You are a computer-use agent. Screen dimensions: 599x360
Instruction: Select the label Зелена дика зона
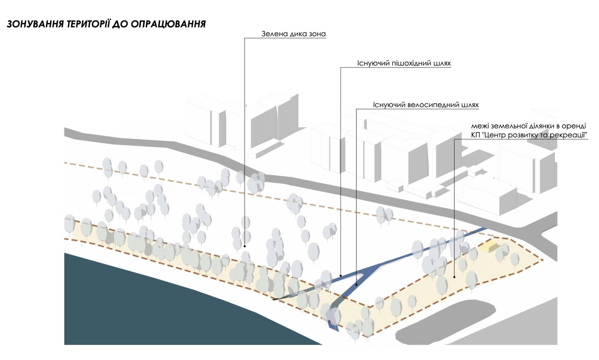point(294,34)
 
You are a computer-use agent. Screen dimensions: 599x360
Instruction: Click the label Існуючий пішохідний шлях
point(404,63)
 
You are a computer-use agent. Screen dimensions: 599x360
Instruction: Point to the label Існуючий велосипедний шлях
point(426,105)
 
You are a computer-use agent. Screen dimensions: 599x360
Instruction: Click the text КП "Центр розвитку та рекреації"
point(529,135)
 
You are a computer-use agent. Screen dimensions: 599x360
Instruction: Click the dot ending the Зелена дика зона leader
point(245,246)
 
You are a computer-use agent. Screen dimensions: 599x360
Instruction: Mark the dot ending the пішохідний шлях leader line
point(341,276)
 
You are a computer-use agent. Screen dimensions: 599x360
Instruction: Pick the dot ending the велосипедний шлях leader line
point(356,285)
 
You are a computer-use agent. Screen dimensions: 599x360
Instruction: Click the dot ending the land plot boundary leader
point(454,277)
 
